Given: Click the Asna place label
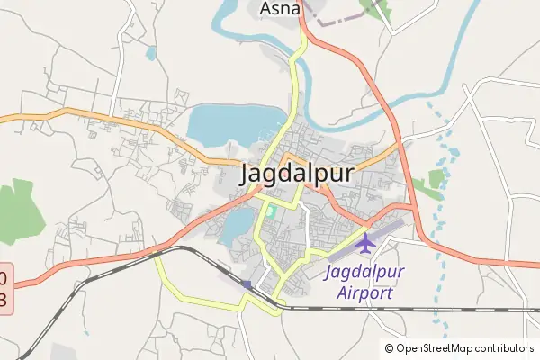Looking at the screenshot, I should coord(280,10).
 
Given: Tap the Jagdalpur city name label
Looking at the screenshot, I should coord(297,174).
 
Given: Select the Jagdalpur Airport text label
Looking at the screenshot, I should coord(364,282).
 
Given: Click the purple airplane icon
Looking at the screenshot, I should coord(365,243).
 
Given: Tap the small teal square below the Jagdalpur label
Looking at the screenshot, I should coord(269,211).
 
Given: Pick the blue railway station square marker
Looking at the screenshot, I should coord(247,284).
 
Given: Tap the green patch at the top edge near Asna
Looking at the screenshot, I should coord(375,9).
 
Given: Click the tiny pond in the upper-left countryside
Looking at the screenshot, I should coord(150,53).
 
